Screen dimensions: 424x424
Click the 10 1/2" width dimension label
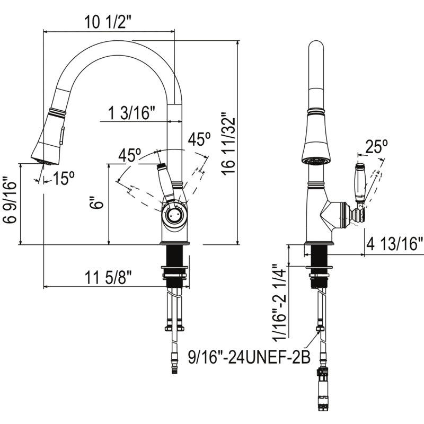pyautogui.click(x=108, y=22)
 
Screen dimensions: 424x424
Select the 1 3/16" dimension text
pyautogui.click(x=131, y=113)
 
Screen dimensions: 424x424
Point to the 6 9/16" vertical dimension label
pyautogui.click(x=10, y=200)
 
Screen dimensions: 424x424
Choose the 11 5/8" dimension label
pyautogui.click(x=108, y=277)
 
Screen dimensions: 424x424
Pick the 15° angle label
pyautogui.click(x=63, y=178)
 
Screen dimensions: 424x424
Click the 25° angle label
pyautogui.click(x=376, y=146)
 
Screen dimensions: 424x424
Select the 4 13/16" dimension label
pyautogui.click(x=394, y=244)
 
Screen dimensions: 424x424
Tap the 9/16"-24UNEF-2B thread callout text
pyautogui.click(x=249, y=357)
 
